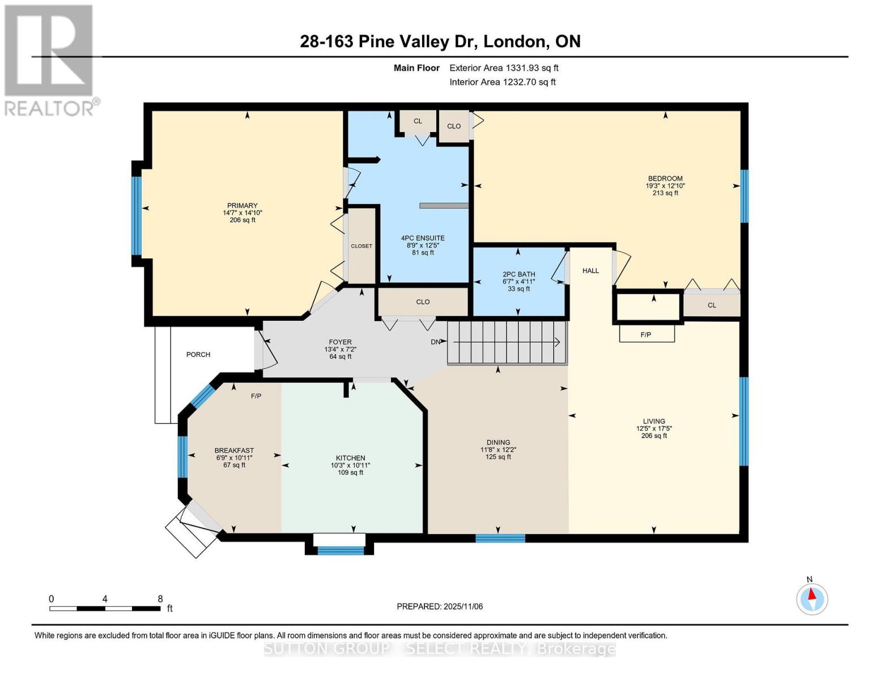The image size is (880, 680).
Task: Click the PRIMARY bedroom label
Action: [x=242, y=206]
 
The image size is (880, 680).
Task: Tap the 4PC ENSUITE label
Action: [x=423, y=238]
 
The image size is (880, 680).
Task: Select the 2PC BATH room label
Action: [x=518, y=274]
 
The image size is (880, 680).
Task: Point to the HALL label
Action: [x=590, y=271]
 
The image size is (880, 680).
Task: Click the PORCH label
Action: [x=198, y=355]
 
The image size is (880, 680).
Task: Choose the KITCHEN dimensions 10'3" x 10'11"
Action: [x=350, y=465]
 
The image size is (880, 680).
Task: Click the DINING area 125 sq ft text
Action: [x=498, y=457]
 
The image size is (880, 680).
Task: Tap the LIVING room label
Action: [x=654, y=421]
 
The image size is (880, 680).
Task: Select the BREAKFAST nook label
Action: [x=234, y=450]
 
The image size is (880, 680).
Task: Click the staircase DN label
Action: [x=435, y=342]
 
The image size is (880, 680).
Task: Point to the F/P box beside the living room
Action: [x=647, y=334]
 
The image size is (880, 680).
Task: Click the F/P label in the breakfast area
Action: [x=256, y=396]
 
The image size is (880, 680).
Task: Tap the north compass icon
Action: [x=812, y=598]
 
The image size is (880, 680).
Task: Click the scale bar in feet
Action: [x=105, y=609]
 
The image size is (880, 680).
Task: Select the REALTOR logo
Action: [x=50, y=59]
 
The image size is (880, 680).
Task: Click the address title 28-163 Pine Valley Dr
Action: [x=440, y=41]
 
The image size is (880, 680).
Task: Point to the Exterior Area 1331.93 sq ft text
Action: [x=504, y=68]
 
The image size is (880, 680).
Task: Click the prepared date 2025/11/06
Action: [x=440, y=606]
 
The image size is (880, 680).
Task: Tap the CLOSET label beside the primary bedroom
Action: [x=362, y=246]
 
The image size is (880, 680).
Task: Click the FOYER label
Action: [x=340, y=342]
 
